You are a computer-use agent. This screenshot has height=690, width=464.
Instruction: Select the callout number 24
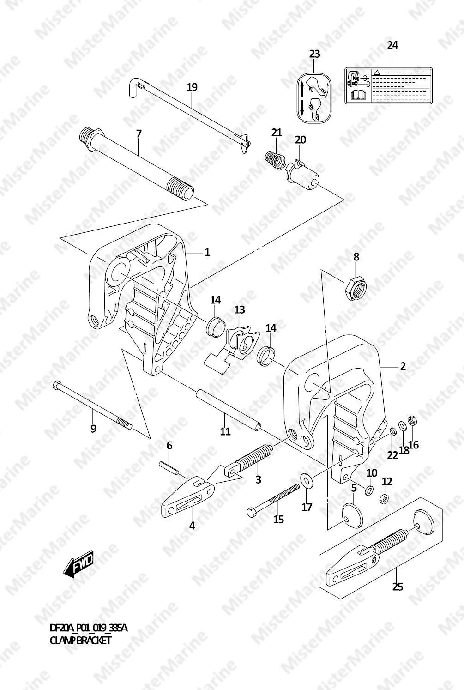click(392, 46)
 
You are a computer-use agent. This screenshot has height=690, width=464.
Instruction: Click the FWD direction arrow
click(78, 563)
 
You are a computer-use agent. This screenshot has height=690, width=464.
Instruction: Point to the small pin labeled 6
click(168, 469)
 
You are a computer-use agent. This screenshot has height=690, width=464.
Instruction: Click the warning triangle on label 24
click(377, 73)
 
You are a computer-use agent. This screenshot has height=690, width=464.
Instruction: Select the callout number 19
click(192, 87)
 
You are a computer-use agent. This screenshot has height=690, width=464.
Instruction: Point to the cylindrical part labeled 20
click(303, 176)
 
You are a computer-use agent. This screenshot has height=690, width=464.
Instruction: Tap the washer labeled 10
click(369, 490)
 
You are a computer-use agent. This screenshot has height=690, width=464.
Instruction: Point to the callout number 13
click(240, 309)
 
